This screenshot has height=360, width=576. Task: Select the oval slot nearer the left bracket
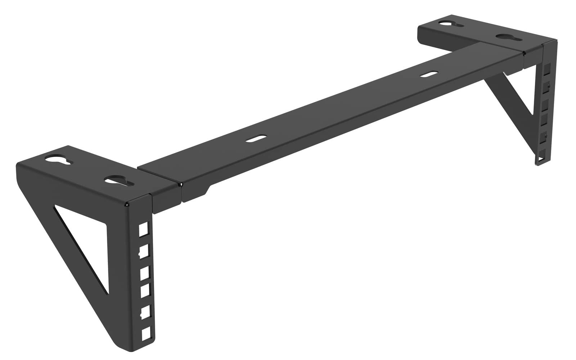tap(257, 139)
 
